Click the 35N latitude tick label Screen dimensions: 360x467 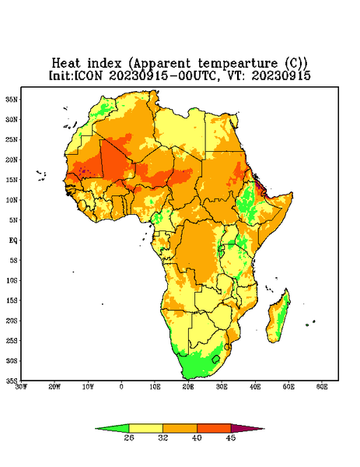click(12, 100)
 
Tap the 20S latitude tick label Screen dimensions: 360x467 click(12, 321)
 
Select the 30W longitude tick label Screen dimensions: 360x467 click(21, 387)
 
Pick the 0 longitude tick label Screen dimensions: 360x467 click(121, 387)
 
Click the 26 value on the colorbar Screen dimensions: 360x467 click(129, 437)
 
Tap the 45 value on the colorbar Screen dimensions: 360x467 click(231, 437)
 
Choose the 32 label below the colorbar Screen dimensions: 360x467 click(163, 437)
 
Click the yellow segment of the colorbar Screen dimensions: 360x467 click(146, 429)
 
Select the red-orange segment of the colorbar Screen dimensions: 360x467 click(214, 429)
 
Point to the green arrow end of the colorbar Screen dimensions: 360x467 click(112, 429)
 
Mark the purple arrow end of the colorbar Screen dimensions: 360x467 click(248, 429)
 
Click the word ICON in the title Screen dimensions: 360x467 click(88, 75)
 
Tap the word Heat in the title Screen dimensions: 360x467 click(66, 64)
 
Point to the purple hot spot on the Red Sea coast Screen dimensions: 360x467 click(260, 187)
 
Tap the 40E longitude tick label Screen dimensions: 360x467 click(255, 387)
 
